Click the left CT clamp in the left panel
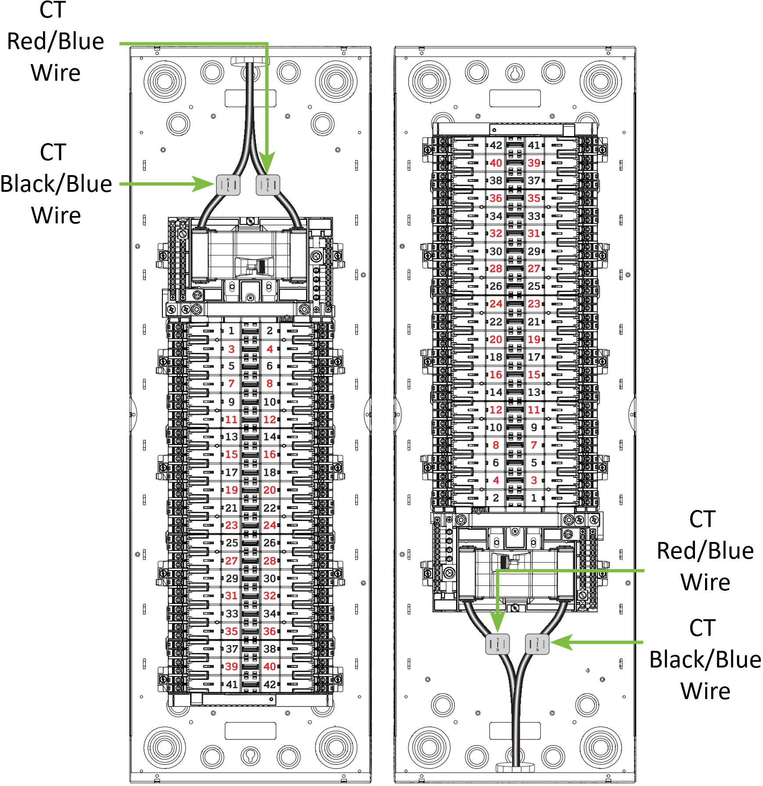click(228, 185)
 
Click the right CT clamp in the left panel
click(268, 185)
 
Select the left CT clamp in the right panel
click(497, 644)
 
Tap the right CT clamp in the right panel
click(537, 644)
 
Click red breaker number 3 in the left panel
click(231, 349)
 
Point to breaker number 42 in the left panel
click(270, 685)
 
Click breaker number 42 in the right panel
click(496, 145)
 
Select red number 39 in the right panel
click(534, 163)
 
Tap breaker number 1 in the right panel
click(534, 498)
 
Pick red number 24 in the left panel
click(270, 525)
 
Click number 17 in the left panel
click(231, 473)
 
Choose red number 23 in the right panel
click(534, 304)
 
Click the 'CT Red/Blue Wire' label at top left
click(55, 42)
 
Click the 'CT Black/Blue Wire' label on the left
click(56, 184)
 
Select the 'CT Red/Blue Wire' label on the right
click(705, 551)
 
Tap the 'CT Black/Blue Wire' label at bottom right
click(705, 660)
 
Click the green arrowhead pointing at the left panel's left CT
click(204, 183)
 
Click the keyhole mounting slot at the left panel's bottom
click(250, 755)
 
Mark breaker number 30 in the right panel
click(496, 251)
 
